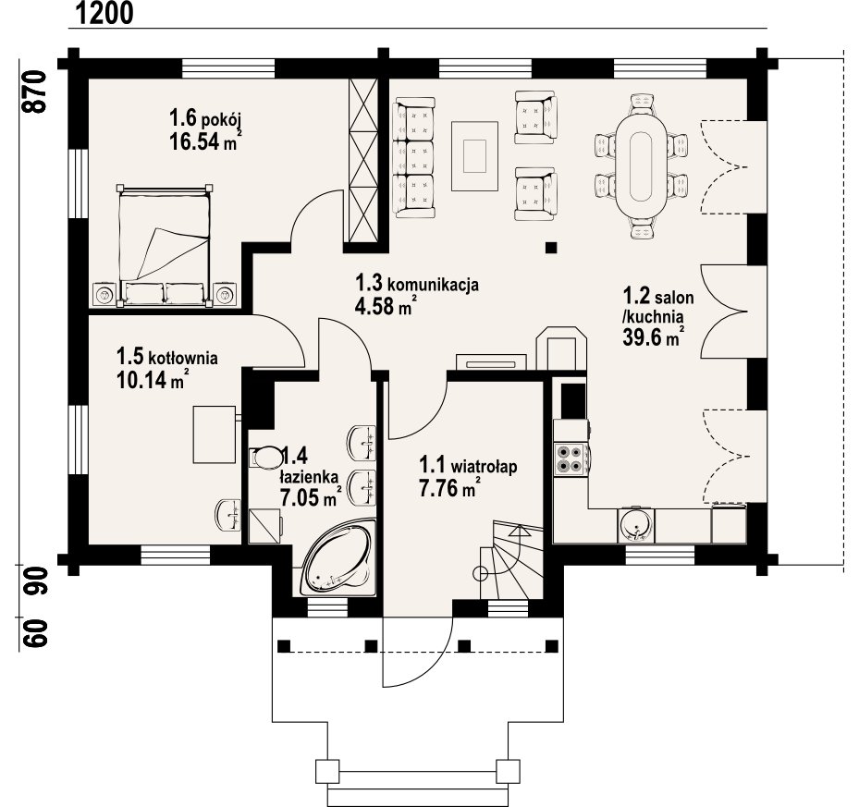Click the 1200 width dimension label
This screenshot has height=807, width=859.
click(x=103, y=13)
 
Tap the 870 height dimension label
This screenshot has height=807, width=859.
click(x=34, y=92)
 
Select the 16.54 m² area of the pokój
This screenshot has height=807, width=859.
click(x=205, y=141)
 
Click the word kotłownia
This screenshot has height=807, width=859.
click(x=183, y=359)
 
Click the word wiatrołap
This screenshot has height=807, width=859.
click(x=485, y=467)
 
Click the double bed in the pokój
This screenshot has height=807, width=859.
click(x=164, y=246)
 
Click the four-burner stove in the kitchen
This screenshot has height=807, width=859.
click(x=570, y=459)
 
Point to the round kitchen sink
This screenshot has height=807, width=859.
click(x=635, y=524)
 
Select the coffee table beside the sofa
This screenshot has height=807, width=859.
click(x=474, y=156)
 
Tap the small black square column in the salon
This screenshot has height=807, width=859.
click(x=551, y=248)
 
